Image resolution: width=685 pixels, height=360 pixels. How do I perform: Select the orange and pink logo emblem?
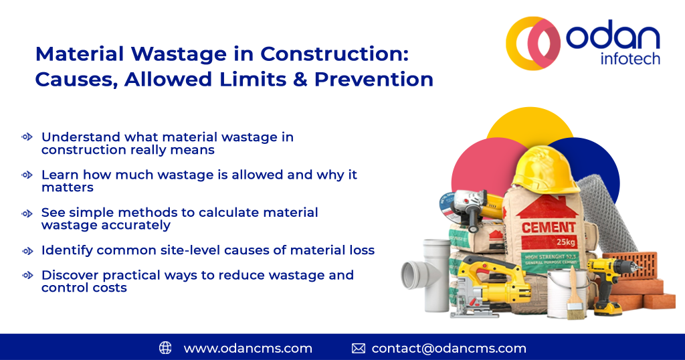[534, 43]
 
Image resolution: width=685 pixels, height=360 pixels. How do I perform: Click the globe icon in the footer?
[165, 348]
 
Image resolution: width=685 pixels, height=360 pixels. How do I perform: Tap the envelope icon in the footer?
[359, 348]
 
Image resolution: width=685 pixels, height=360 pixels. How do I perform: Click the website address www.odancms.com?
[248, 348]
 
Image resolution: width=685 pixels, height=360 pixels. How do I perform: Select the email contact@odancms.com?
[449, 348]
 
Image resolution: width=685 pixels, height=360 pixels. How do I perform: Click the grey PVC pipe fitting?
[424, 272]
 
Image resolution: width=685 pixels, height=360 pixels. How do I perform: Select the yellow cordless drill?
[606, 281]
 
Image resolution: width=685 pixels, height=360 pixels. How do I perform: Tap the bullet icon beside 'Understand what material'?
[27, 137]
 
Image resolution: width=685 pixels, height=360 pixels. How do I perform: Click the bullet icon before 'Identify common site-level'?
[27, 250]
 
